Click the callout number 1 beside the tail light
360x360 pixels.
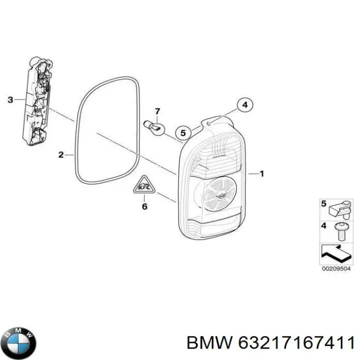pyautogui.click(x=262, y=173)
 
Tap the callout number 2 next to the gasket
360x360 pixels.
pyautogui.click(x=61, y=154)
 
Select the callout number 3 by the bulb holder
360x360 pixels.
pyautogui.click(x=11, y=100)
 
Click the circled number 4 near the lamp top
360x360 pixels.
pyautogui.click(x=244, y=105)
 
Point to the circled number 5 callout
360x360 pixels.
pyautogui.click(x=183, y=133)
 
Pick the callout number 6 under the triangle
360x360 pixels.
pyautogui.click(x=144, y=206)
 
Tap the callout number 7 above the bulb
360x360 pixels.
pyautogui.click(x=157, y=111)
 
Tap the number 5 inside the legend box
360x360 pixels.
pyautogui.click(x=323, y=204)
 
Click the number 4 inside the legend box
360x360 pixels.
pyautogui.click(x=323, y=226)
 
